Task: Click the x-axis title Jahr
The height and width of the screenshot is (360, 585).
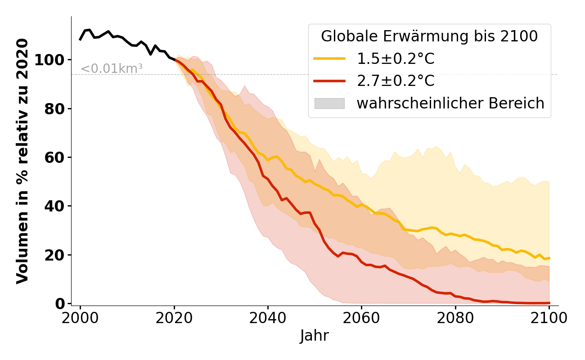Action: (x=314, y=336)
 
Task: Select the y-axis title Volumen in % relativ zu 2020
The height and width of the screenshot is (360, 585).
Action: (x=22, y=161)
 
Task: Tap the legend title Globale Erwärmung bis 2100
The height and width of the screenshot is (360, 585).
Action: (x=429, y=36)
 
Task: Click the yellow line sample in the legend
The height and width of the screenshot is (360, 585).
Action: (x=329, y=58)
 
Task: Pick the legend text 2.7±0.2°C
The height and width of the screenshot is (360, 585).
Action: (x=396, y=81)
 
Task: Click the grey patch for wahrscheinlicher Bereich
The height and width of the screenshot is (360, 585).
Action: (x=329, y=103)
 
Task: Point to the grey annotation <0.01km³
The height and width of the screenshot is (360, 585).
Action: (x=112, y=69)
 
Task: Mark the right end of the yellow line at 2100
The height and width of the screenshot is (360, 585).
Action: (x=549, y=258)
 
